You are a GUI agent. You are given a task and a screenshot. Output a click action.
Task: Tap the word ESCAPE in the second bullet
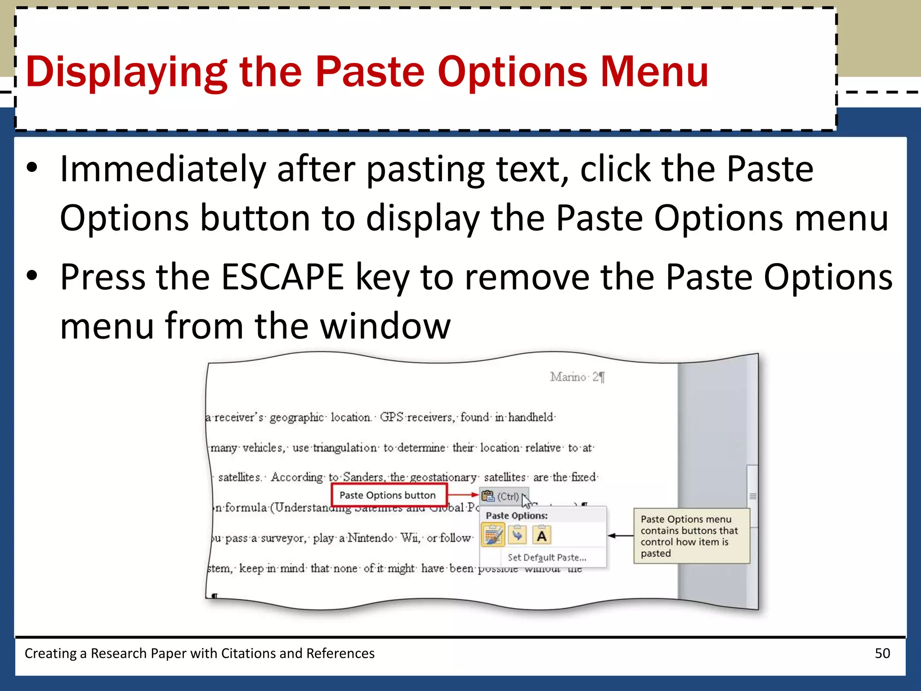pyautogui.click(x=283, y=277)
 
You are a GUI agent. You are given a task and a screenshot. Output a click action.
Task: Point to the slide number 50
pyautogui.click(x=882, y=653)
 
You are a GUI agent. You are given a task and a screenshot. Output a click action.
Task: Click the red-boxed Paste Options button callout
pyautogui.click(x=388, y=495)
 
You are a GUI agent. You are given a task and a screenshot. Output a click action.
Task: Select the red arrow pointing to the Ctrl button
pyautogui.click(x=463, y=495)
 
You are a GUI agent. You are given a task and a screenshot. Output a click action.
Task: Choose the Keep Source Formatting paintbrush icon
pyautogui.click(x=493, y=535)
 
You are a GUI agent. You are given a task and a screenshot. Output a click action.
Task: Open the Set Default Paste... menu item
pyautogui.click(x=547, y=558)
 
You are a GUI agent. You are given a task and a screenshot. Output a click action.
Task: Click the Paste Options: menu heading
pyautogui.click(x=517, y=516)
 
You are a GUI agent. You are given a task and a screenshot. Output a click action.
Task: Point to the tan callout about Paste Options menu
pyautogui.click(x=692, y=536)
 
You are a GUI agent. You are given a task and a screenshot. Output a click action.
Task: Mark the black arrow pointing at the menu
pyautogui.click(x=620, y=536)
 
